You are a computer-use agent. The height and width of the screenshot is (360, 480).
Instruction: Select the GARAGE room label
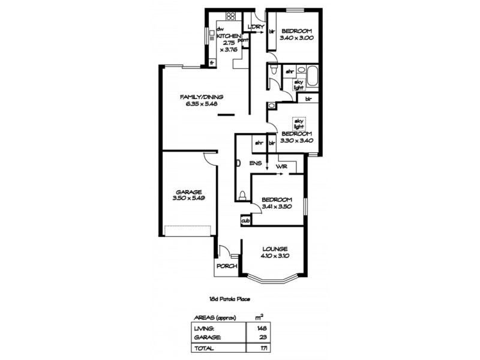coord(184,192)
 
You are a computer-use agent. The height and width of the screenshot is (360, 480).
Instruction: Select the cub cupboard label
coord(245,221)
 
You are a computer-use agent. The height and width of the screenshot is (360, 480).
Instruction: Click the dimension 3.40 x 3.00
coord(298,41)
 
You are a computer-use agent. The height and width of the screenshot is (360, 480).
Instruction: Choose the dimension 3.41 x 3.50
coord(277,207)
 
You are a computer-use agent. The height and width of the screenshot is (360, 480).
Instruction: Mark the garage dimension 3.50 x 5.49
coord(184,199)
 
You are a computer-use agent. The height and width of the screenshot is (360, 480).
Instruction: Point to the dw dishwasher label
coord(220,29)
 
